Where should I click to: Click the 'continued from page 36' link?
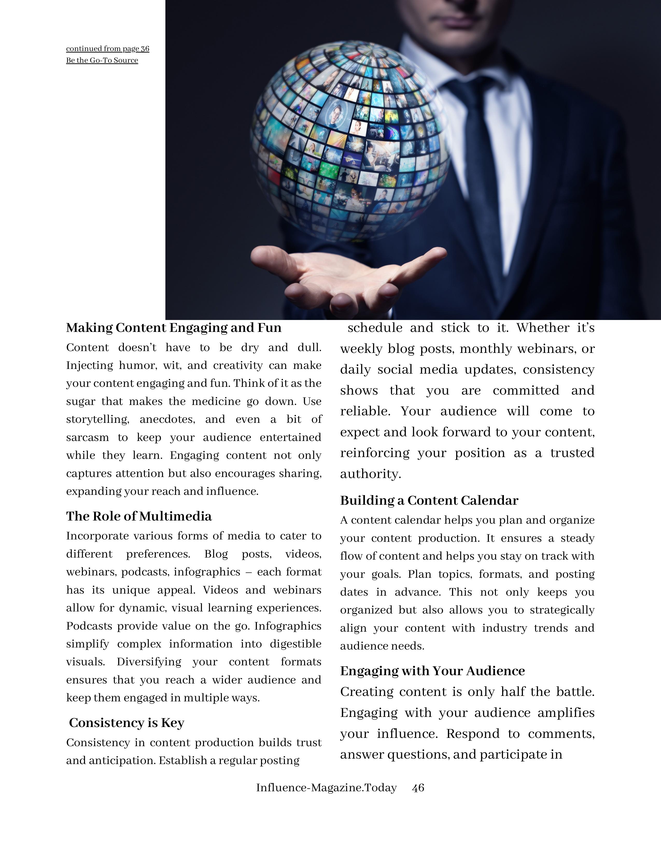[x=108, y=48]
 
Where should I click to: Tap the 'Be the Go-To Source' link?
[x=102, y=60]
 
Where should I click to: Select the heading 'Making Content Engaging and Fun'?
[x=173, y=328]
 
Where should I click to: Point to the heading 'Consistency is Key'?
[x=126, y=723]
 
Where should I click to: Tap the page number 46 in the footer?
[x=418, y=788]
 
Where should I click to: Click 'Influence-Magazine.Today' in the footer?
[x=326, y=788]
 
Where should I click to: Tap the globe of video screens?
[x=348, y=141]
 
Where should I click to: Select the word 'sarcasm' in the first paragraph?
[x=87, y=437]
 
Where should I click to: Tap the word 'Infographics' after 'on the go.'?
[x=288, y=626]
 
